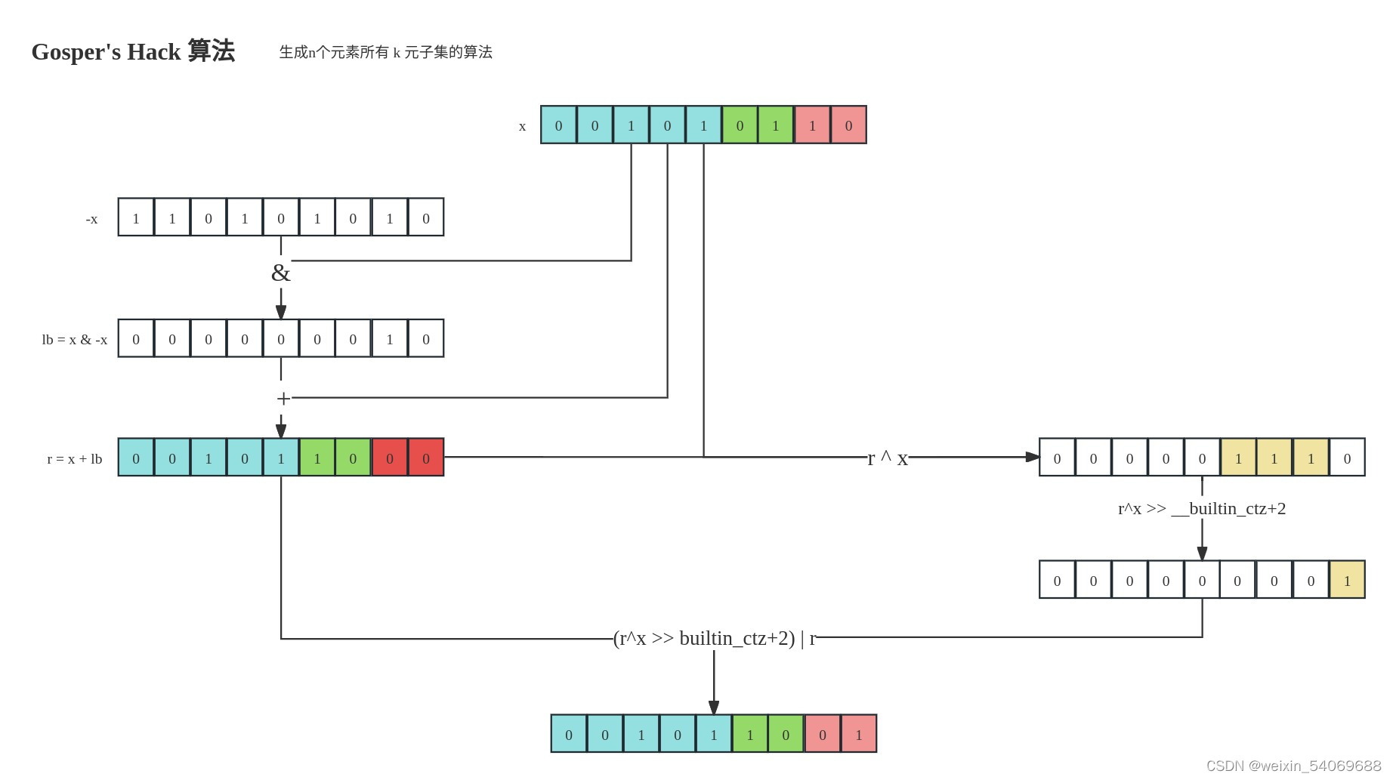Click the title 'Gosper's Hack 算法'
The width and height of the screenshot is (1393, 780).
[x=133, y=51]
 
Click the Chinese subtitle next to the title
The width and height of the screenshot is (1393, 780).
[x=385, y=52]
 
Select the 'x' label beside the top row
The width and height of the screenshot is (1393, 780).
[x=522, y=126]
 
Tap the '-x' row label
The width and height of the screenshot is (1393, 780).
[x=91, y=219]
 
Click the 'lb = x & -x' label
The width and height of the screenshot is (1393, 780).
[x=74, y=340]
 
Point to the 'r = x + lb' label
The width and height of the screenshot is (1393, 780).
[x=74, y=459]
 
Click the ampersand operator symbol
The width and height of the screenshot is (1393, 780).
[x=280, y=273]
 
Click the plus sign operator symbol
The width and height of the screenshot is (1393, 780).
[x=283, y=398]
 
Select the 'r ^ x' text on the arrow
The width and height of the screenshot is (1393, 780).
[x=888, y=458]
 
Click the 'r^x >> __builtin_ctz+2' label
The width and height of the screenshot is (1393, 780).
[x=1201, y=508]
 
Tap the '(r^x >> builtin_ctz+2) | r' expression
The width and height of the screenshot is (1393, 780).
[x=715, y=638]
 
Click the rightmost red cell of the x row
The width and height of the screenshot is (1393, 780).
[x=848, y=125]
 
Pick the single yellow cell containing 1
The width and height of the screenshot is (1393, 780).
[x=1347, y=580]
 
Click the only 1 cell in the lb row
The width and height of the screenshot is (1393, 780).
[x=390, y=338]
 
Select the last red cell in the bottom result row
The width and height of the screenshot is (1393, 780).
[x=859, y=734]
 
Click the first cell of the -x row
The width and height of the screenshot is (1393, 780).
[x=136, y=217]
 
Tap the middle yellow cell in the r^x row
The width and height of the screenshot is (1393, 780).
[x=1274, y=458]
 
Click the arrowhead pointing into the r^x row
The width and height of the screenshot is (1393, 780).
[x=1033, y=457]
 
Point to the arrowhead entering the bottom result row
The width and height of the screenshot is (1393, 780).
[x=714, y=708]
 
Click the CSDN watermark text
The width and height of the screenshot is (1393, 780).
[x=1293, y=766]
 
